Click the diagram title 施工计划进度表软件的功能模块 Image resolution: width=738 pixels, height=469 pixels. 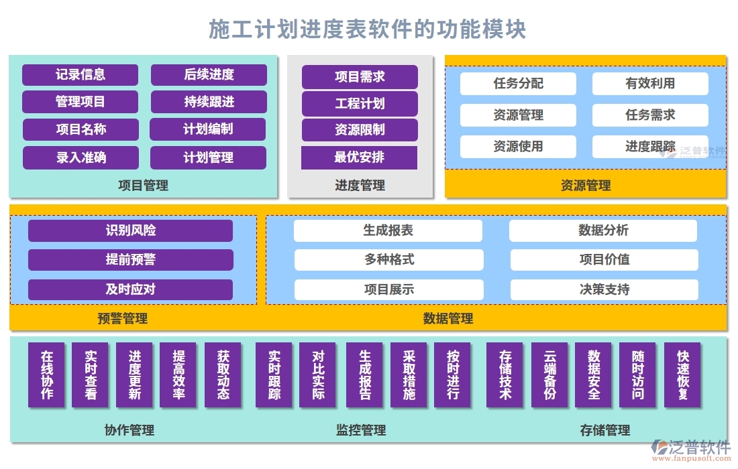368,29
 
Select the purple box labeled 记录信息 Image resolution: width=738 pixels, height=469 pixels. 80,75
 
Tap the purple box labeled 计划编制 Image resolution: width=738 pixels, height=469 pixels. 208,129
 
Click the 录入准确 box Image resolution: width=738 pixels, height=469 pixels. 81,158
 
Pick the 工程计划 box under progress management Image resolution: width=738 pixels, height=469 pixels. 360,104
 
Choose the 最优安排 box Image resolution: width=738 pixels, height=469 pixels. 360,158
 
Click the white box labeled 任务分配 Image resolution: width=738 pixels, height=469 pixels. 518,84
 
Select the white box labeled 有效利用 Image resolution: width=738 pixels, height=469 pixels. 649,84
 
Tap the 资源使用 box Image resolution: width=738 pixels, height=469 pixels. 518,146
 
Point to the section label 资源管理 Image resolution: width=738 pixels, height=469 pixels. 585,186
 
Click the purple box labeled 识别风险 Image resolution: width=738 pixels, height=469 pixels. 130,230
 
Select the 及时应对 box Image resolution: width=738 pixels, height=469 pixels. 130,289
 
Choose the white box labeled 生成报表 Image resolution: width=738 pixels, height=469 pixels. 388,230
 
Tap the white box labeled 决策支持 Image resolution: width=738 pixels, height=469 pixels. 604,289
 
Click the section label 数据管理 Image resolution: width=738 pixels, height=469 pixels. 447,318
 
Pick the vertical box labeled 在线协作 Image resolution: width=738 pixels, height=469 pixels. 46,375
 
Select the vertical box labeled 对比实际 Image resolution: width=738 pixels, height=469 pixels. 317,375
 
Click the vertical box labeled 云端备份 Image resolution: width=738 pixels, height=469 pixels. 549,375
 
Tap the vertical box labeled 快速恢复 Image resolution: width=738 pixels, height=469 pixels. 682,375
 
